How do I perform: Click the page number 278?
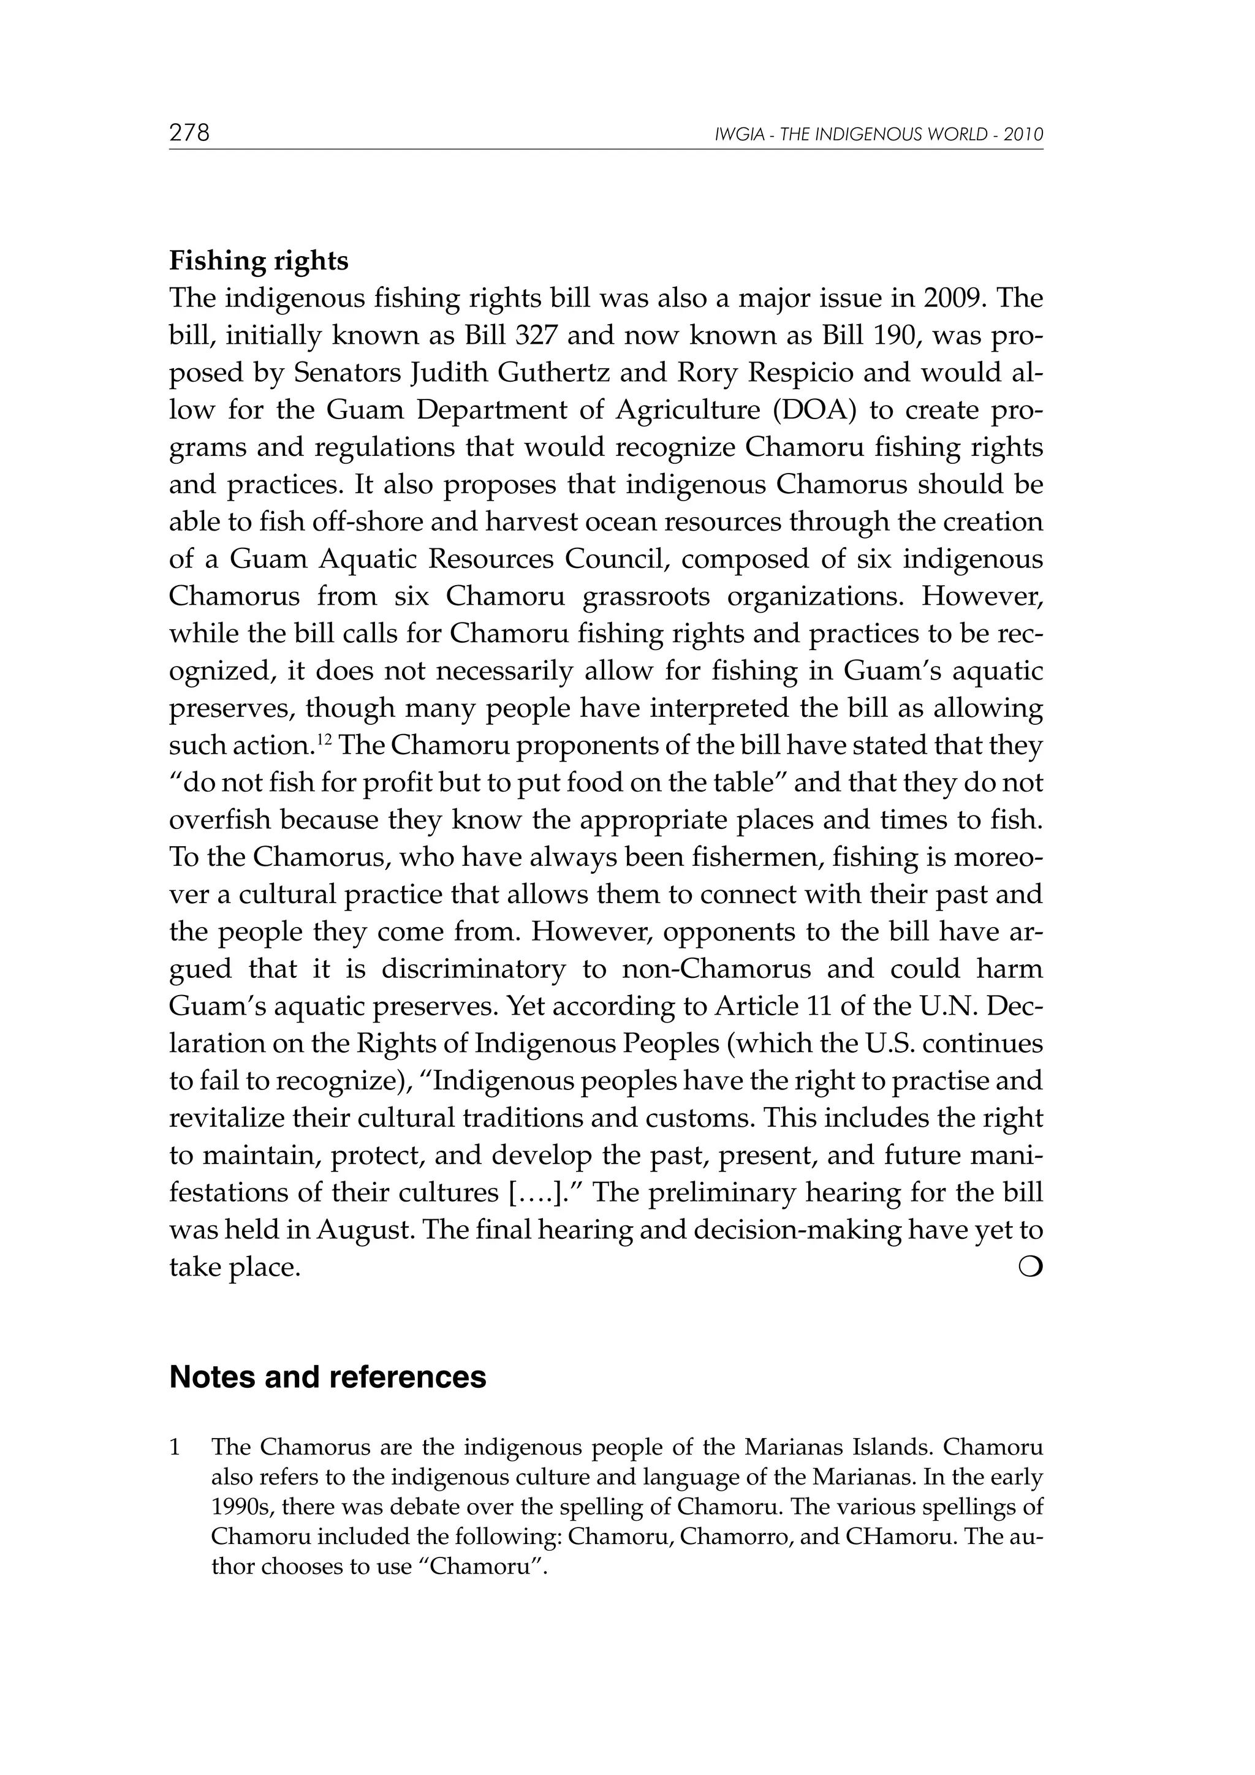189,133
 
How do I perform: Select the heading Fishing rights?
258,260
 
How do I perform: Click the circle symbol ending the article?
1034,1266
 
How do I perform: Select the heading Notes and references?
328,1377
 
